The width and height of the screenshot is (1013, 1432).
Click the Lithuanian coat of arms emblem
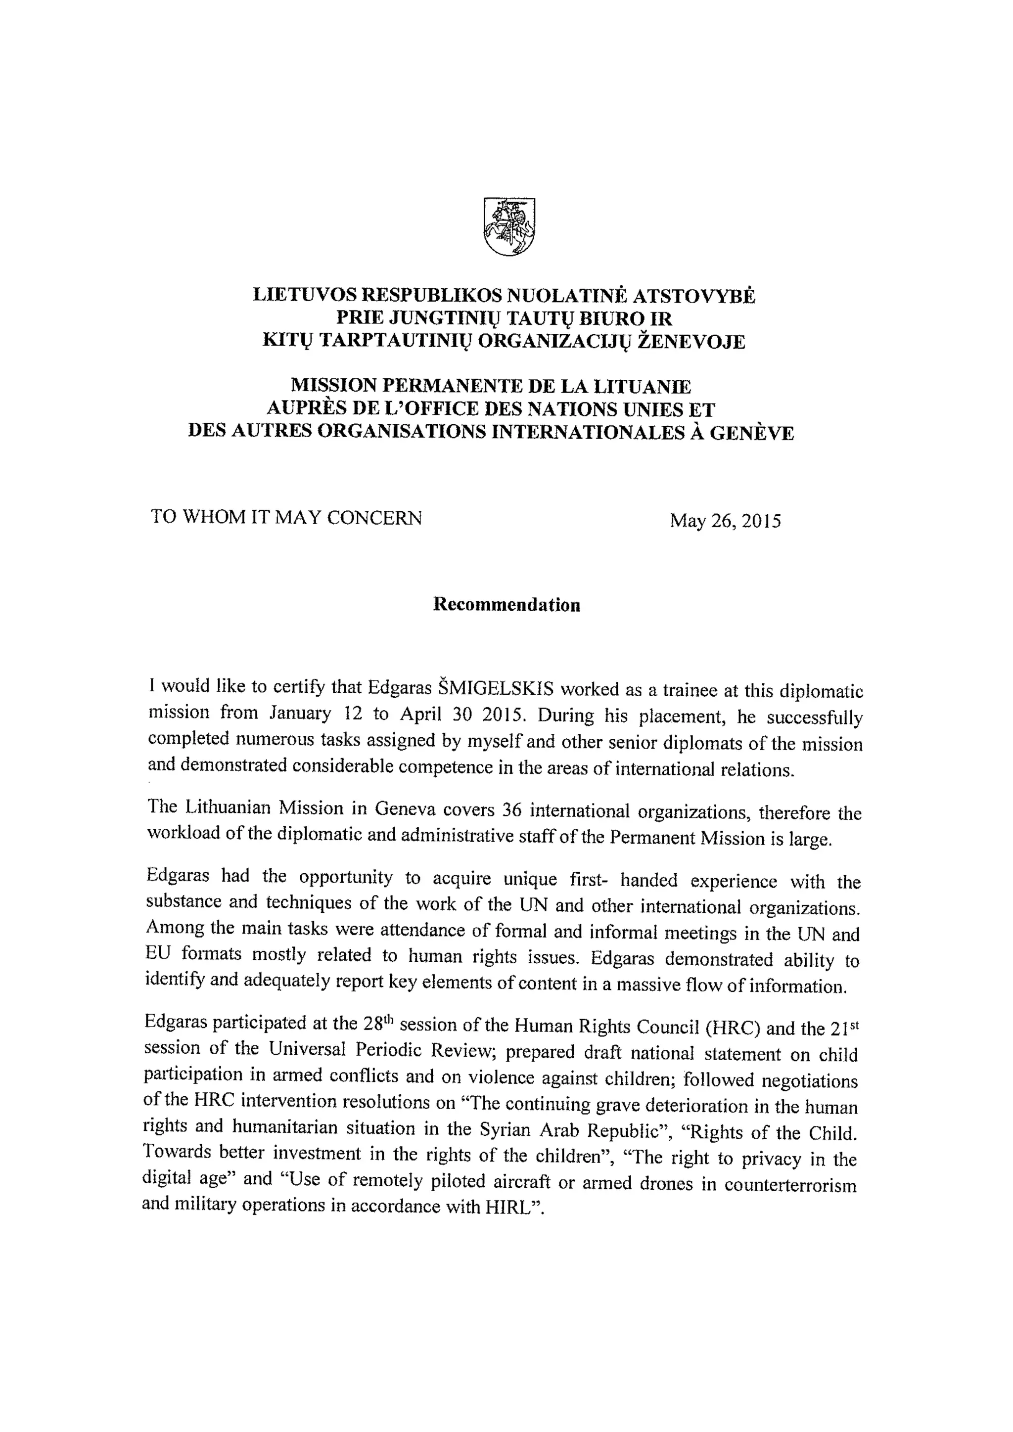tap(509, 226)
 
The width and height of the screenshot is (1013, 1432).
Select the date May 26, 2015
tap(725, 520)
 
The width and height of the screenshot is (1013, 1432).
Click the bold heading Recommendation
tap(506, 605)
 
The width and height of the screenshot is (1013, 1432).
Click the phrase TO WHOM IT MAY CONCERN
tap(286, 517)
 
